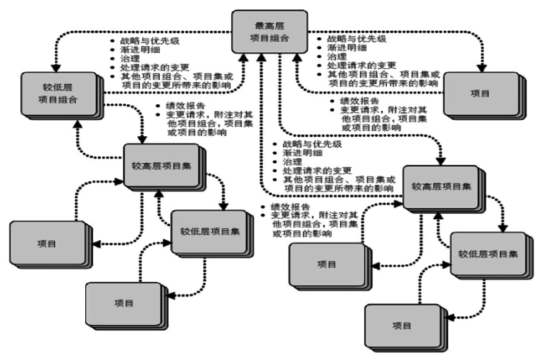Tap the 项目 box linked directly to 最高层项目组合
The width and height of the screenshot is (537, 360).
480,93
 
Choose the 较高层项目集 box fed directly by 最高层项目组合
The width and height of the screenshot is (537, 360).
440,187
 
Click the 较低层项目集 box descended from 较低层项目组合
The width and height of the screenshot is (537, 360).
210,231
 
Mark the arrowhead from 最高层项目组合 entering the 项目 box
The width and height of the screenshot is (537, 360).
481,68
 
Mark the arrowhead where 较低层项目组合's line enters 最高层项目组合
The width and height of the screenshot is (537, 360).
246,57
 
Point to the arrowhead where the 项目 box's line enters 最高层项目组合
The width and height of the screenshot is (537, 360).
297,57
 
